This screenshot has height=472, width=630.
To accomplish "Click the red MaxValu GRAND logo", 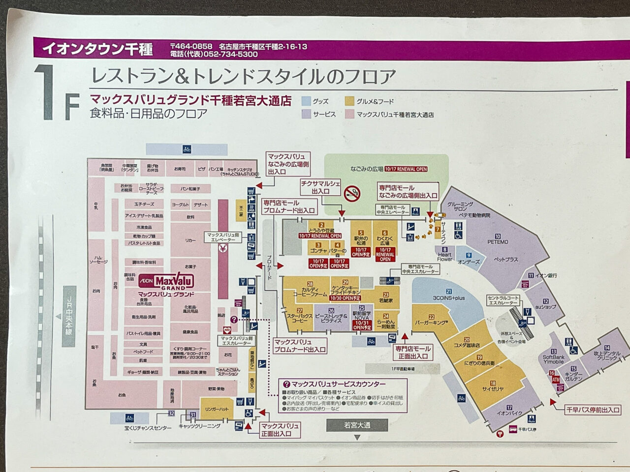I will pos(167,282).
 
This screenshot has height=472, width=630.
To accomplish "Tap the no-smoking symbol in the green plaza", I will pos(352,192).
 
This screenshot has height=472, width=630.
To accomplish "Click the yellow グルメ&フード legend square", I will pos(350,102).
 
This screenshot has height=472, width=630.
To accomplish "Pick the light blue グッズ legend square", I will pos(306,102).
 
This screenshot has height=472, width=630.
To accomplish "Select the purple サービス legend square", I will pos(306,114).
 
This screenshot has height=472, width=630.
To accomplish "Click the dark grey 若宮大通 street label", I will pos(357,425).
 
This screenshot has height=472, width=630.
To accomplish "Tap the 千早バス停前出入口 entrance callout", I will pos(593,410).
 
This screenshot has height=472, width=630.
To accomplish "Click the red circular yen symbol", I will pos(222,248).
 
